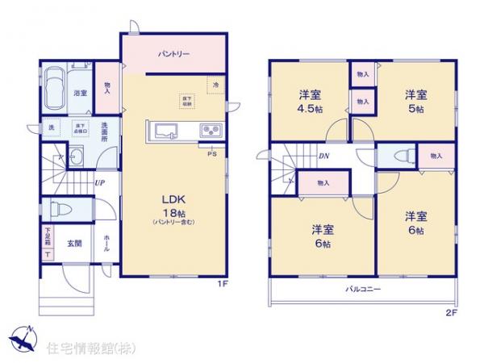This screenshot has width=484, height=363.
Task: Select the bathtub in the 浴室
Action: coord(54,89)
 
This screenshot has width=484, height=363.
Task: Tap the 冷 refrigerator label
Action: coord(215,82)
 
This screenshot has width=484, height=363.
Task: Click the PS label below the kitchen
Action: coord(211,154)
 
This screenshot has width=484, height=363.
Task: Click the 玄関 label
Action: coord(73,244)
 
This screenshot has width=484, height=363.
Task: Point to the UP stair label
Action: coord(98,182)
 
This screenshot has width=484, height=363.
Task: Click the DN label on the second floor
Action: coord(323,156)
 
